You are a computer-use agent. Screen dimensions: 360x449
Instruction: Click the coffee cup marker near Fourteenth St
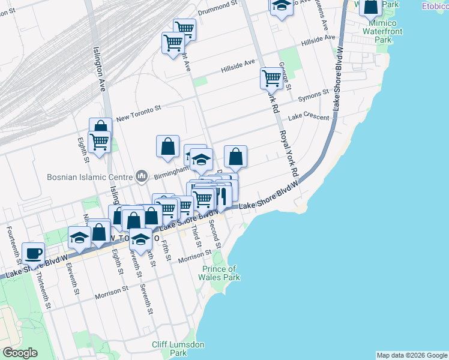click(34, 252)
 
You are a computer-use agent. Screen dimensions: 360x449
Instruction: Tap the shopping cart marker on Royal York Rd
click(272, 77)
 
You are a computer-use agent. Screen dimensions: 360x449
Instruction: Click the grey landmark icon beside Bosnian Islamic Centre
click(142, 176)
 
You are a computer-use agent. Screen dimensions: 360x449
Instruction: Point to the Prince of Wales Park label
click(220, 273)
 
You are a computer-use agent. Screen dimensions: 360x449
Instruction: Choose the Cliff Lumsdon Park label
click(178, 349)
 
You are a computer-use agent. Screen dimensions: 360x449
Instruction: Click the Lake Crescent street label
click(310, 118)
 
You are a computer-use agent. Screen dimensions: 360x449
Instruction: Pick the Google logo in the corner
click(20, 353)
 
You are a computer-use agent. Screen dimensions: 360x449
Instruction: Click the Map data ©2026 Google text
click(412, 355)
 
